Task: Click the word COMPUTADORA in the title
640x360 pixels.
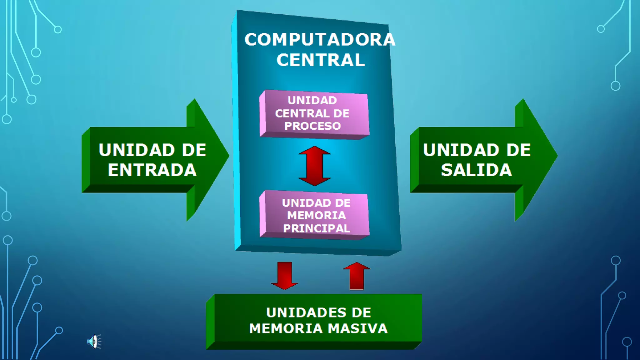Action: tap(320, 40)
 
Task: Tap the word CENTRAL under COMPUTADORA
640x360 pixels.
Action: tap(321, 60)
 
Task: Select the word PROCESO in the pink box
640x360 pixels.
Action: tap(312, 126)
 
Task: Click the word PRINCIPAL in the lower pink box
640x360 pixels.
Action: tap(316, 228)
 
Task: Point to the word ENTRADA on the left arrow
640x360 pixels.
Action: tap(152, 170)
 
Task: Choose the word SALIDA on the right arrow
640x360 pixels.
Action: tap(476, 170)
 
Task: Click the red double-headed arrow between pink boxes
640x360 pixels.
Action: tap(314, 166)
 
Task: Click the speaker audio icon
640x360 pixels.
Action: tap(94, 342)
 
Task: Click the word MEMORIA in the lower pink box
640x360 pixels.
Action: tap(316, 216)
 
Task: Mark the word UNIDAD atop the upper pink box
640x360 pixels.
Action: tap(312, 101)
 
